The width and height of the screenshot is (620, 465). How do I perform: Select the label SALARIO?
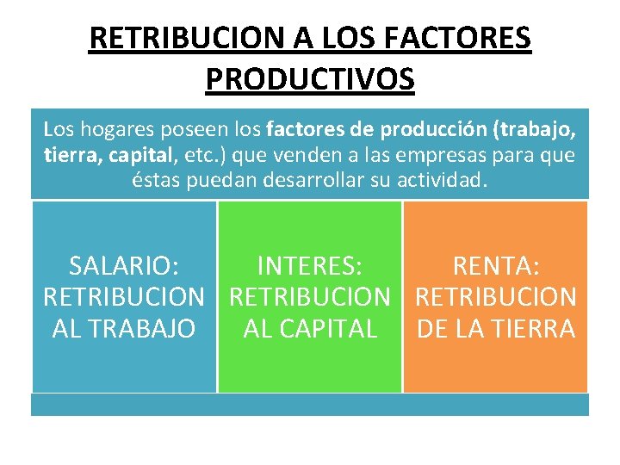[124, 266]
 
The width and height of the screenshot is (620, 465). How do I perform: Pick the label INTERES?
[309, 266]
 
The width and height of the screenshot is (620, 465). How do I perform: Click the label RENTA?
[496, 266]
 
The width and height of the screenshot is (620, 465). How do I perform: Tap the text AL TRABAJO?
[124, 328]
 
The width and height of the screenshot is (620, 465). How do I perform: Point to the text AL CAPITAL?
[310, 328]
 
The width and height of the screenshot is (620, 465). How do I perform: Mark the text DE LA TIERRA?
[496, 328]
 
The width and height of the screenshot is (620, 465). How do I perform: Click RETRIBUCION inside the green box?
[310, 297]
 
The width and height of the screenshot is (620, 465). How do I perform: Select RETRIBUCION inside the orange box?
[496, 297]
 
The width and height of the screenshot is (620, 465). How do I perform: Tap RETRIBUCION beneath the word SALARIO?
[124, 297]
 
